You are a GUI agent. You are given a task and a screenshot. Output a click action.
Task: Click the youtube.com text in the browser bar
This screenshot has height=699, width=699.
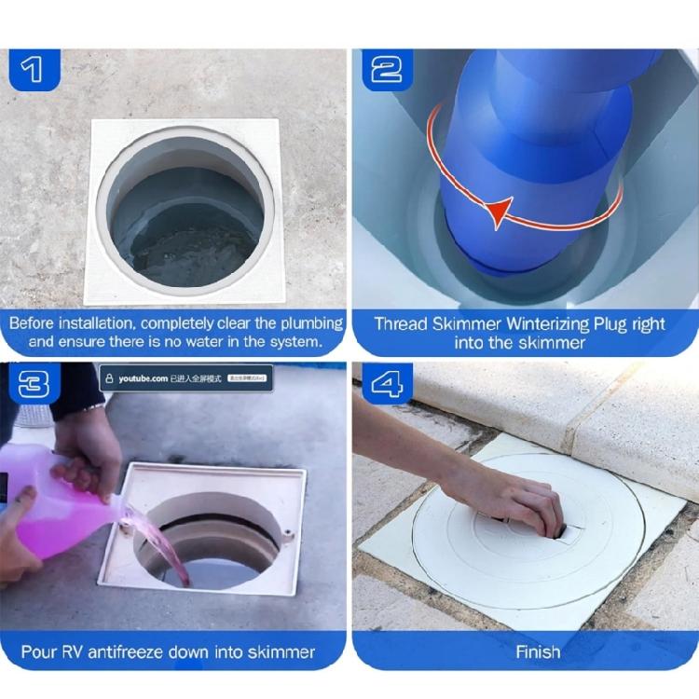[x=143, y=378]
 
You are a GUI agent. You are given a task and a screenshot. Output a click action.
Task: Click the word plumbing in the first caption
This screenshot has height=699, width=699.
[x=304, y=323]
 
